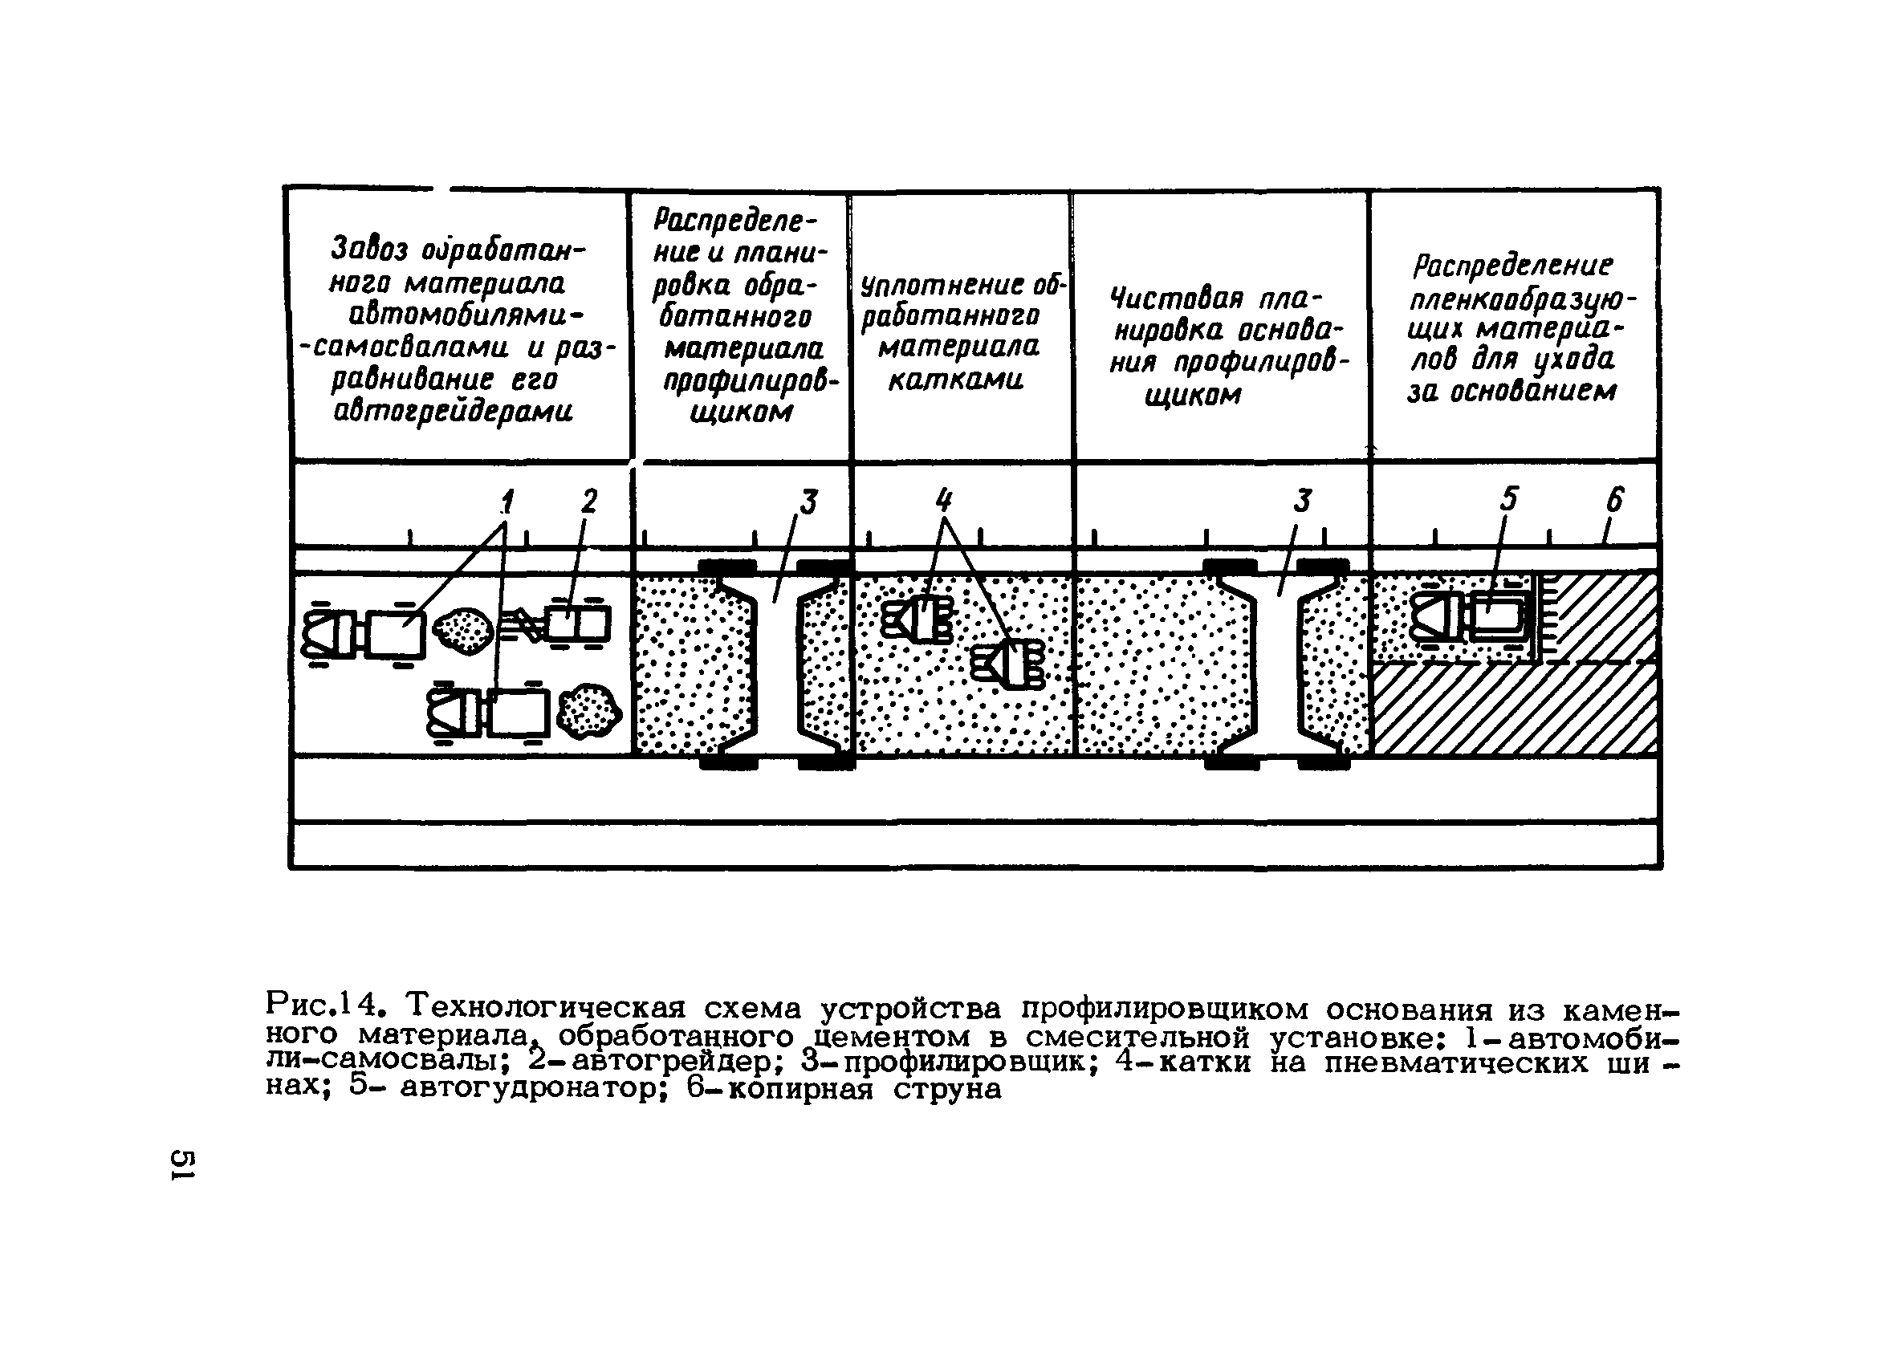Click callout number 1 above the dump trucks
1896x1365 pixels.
(507, 502)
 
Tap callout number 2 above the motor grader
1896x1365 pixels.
(589, 502)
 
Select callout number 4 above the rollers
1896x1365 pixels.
(943, 501)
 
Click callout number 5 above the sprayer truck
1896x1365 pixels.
(1508, 499)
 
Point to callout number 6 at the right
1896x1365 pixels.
(1614, 500)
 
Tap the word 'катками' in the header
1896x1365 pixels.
(955, 381)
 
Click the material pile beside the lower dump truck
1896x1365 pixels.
(589, 709)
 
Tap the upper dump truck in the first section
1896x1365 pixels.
(364, 634)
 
